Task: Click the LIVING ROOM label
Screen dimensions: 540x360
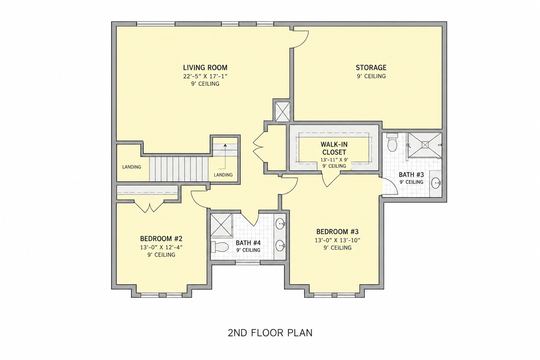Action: (x=205, y=67)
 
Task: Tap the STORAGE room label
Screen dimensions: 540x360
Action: (x=371, y=67)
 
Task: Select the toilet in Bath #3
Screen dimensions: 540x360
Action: (x=392, y=142)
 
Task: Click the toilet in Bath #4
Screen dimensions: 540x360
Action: (x=220, y=247)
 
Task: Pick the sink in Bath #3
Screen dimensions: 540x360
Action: (x=436, y=183)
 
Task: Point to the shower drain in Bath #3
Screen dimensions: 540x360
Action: (x=425, y=145)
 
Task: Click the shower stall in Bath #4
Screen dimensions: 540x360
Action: (x=221, y=225)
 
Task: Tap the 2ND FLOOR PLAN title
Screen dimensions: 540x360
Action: (x=270, y=333)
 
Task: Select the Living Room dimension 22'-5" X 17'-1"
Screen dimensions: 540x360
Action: (x=205, y=76)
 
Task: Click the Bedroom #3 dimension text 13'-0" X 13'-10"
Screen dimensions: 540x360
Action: (x=337, y=240)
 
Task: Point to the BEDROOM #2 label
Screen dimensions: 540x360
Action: (x=161, y=239)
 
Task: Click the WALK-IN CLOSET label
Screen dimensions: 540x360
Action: (x=334, y=148)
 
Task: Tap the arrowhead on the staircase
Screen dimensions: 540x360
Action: (x=225, y=145)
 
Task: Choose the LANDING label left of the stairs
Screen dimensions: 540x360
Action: (x=131, y=167)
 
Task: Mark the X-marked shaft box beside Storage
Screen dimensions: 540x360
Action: (x=283, y=112)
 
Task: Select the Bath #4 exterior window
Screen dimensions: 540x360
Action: (x=248, y=262)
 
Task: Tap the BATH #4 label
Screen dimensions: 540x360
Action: (x=248, y=243)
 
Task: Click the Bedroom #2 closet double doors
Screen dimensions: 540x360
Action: (x=149, y=206)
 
